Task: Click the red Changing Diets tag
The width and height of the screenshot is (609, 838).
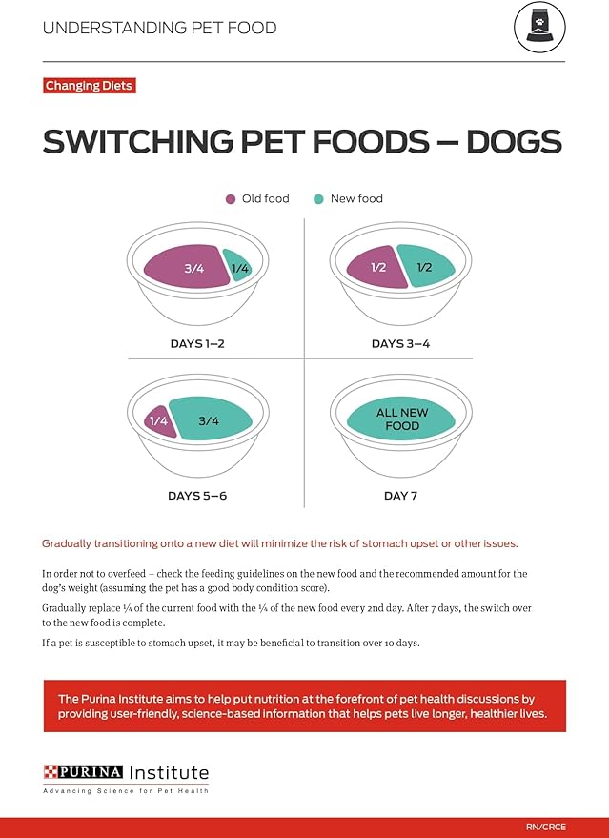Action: [x=89, y=86]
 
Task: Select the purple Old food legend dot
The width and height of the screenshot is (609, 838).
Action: [x=230, y=199]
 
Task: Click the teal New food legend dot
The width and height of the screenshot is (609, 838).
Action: [x=318, y=199]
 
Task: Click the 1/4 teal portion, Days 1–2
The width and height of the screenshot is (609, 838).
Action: [x=238, y=268]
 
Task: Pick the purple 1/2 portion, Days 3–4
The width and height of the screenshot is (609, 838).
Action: [x=375, y=267]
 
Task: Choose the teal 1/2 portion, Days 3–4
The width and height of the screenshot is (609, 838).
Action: [x=425, y=267]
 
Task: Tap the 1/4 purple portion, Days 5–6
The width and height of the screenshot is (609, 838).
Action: [x=159, y=420]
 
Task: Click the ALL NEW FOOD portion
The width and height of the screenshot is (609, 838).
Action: [x=401, y=419]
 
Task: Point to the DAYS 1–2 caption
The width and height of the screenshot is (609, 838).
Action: [x=195, y=343]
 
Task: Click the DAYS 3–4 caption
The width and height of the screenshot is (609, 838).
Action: [x=400, y=343]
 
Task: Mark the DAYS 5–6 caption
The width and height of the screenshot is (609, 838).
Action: [x=195, y=496]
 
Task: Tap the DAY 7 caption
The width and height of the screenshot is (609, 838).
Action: [x=400, y=496]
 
